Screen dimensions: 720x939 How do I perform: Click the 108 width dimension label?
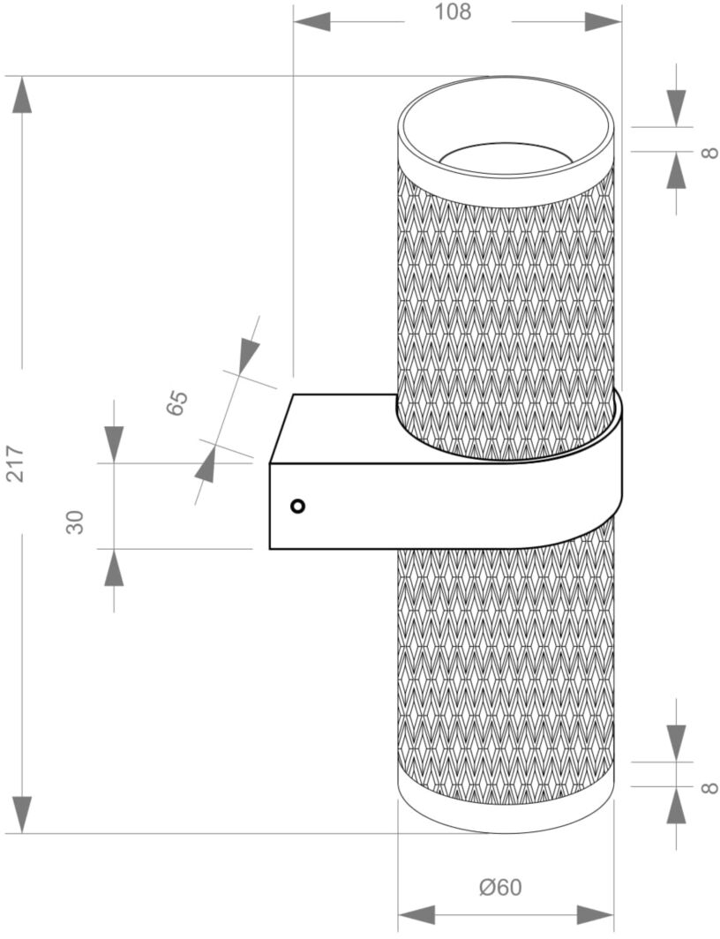point(453,11)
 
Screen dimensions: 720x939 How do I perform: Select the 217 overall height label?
point(14,463)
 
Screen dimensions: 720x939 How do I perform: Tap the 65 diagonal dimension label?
point(176,403)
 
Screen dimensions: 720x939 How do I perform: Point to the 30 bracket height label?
point(75,522)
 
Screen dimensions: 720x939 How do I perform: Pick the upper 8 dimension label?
point(709,152)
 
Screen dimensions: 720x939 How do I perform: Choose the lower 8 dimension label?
point(709,786)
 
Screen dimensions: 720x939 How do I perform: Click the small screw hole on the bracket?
point(297,506)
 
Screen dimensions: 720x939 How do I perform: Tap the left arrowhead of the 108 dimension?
point(311,22)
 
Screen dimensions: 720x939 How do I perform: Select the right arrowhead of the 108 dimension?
point(604,22)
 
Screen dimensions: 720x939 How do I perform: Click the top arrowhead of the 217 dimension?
point(23,94)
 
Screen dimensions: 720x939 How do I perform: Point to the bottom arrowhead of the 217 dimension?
point(23,815)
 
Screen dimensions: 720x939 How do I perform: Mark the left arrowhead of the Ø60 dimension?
point(416,914)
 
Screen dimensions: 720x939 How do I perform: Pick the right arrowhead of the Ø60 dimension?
point(596,914)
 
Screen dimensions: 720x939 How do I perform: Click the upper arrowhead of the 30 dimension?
point(114,445)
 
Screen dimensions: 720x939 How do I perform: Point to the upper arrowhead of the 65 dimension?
point(248,358)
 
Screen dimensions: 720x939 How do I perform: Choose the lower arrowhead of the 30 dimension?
point(114,567)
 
